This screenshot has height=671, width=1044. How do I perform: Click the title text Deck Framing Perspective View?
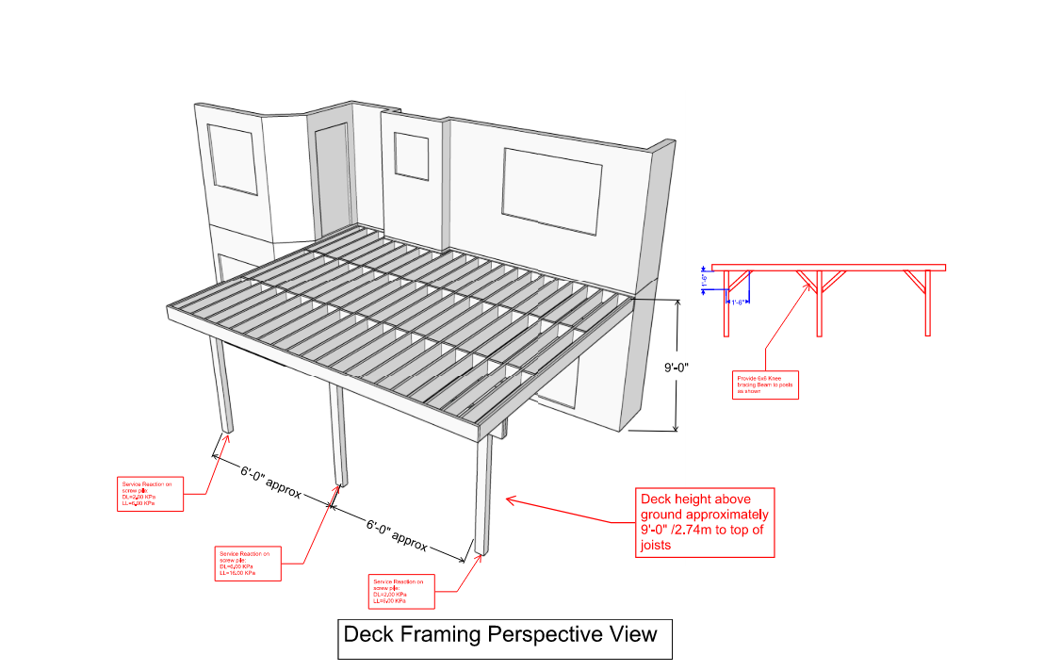(x=500, y=634)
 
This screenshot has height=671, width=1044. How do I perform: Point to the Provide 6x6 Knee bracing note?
(x=765, y=385)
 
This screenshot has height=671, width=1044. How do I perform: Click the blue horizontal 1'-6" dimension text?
(x=738, y=303)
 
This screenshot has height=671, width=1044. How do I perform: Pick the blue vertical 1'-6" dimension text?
(x=703, y=280)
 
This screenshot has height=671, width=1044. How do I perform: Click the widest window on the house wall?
(x=553, y=190)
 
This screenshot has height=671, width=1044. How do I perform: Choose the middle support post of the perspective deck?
(x=336, y=434)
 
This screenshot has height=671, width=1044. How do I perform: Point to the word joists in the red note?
(x=656, y=546)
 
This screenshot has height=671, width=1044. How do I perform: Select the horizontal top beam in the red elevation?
(x=827, y=268)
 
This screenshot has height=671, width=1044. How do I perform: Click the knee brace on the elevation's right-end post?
(x=914, y=280)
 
